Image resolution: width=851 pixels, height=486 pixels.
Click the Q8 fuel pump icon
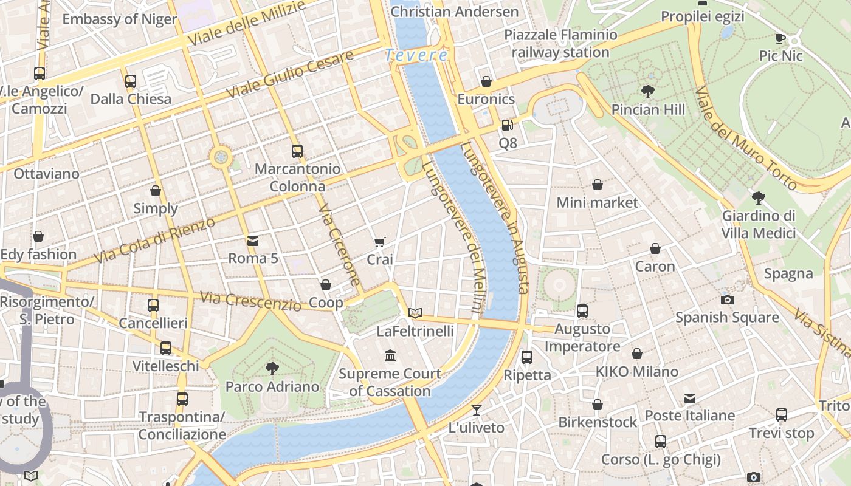point(507,126)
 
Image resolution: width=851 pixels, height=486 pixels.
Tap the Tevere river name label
point(417,55)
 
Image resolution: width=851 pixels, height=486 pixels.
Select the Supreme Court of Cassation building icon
point(390,355)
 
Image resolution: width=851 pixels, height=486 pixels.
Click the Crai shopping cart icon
point(380,242)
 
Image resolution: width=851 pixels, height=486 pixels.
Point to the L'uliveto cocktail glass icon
point(477,410)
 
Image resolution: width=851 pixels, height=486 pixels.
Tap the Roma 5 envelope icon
point(253,241)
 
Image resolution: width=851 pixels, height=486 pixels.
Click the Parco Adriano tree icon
point(272,368)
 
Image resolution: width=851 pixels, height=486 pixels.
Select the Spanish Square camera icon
point(727,299)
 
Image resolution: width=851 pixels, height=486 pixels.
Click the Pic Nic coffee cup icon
point(780,39)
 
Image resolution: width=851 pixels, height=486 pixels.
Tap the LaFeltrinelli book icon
point(415,313)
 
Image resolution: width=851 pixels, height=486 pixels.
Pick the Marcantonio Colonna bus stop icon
point(297,151)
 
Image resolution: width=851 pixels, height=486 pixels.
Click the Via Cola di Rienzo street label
point(155,241)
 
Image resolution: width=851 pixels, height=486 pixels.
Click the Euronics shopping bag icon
point(486,81)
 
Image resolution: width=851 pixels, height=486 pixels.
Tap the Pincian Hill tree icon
point(648,92)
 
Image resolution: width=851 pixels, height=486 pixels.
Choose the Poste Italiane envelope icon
point(690,399)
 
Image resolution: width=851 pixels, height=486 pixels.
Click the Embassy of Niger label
point(120,19)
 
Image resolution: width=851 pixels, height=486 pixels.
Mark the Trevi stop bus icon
point(782,415)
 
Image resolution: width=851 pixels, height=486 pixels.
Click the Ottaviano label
point(46,174)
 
